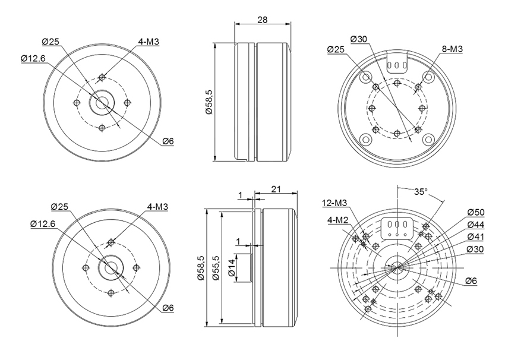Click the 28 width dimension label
pos(263,20)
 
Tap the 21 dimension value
pos(276,189)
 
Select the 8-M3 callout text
pos(452,49)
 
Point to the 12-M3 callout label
pos(334,203)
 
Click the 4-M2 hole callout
pos(338,220)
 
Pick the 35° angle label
pos(421,192)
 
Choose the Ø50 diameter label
pos(476,213)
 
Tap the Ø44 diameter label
pos(476,225)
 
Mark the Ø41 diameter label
pos(476,237)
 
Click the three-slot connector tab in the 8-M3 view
pos(397,62)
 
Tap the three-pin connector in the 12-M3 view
pos(397,229)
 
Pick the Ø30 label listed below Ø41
pos(475,250)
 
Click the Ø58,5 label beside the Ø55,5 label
pos(201,267)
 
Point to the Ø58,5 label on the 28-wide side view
pos(209,102)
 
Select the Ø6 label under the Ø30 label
pos(471,281)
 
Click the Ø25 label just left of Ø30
pos(336,49)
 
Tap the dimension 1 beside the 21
pos(239,195)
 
